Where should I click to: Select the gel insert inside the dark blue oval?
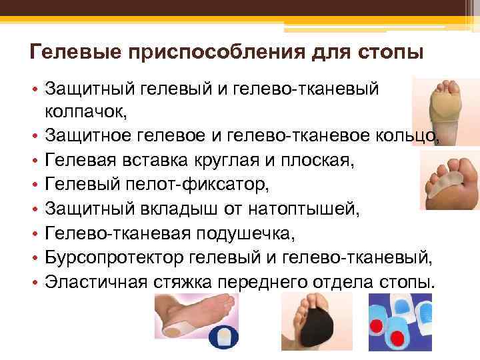pyautogui.click(x=227, y=334)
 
